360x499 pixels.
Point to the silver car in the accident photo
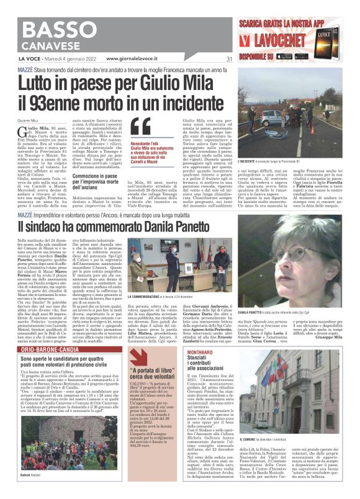(x=272, y=118)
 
